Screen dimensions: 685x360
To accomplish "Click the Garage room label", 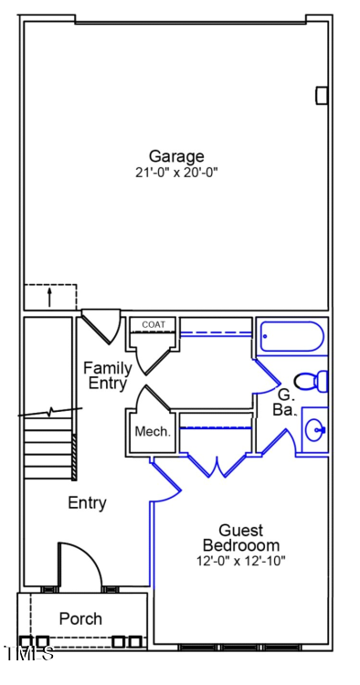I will point(176,156).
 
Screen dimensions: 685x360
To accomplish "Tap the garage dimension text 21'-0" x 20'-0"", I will point(176,172).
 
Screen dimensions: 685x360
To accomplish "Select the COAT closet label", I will point(153,324).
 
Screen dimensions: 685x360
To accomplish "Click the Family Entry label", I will point(108,375).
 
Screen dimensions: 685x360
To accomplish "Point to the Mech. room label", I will point(153,432).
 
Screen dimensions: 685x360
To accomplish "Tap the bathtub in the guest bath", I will point(291,337).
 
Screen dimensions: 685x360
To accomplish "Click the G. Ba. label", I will point(284,402).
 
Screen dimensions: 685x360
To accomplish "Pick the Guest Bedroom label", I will point(240,538).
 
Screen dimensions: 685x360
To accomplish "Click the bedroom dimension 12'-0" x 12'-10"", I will point(240,561).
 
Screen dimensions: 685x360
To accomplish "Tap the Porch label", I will point(80,619).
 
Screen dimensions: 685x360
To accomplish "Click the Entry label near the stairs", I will point(87,502).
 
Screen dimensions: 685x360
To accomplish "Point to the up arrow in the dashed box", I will point(49,297).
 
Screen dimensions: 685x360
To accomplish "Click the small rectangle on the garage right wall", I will point(322,95).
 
